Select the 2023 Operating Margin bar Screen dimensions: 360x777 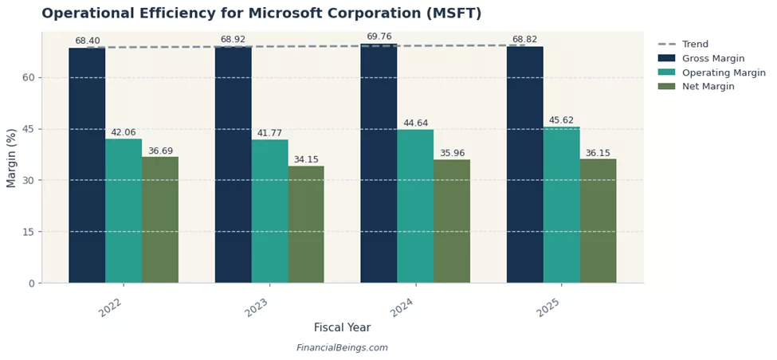click(x=269, y=211)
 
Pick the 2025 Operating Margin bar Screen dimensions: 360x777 click(x=561, y=205)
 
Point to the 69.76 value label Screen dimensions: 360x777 click(x=379, y=37)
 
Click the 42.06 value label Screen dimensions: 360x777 click(x=124, y=133)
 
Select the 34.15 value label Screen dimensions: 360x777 click(x=306, y=160)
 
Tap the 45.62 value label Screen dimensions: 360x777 click(x=561, y=121)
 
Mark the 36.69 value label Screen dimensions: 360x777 click(x=160, y=151)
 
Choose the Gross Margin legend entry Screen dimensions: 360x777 click(x=712, y=58)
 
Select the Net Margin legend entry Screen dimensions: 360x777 click(x=708, y=87)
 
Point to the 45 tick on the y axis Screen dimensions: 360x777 click(x=29, y=129)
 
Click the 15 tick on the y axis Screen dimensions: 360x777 click(x=29, y=232)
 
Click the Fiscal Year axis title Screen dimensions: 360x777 click(x=342, y=327)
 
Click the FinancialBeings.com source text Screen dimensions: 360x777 click(x=342, y=348)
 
